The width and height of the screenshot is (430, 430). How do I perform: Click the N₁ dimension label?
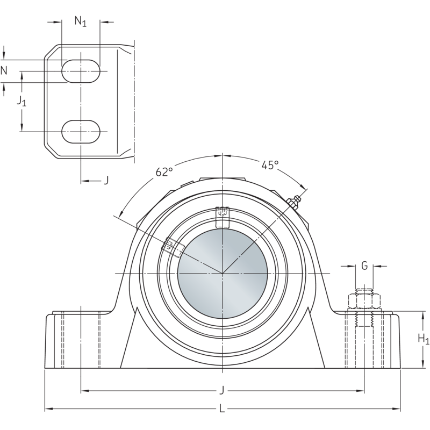pos(80,22)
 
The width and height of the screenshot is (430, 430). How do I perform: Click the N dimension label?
pos(4,70)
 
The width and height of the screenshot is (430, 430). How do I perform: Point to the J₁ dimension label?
pos(21,101)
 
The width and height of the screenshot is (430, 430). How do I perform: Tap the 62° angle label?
pos(164,172)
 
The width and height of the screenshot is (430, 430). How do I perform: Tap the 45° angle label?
pos(270,166)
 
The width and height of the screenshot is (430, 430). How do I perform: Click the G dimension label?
pos(364,265)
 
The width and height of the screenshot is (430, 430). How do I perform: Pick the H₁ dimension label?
pos(424,339)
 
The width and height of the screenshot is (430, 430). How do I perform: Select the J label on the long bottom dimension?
pos(222,390)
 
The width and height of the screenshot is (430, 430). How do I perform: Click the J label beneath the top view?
pos(106,181)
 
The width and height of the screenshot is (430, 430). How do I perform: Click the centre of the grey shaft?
pos(222,274)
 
